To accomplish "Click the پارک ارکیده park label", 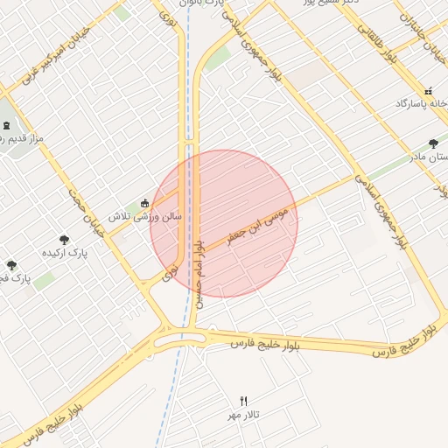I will (x=65, y=254).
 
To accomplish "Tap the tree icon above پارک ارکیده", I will (x=64, y=239).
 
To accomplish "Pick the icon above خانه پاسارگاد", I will (x=428, y=91).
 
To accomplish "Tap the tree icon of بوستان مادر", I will (x=433, y=143).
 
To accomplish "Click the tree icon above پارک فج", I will (x=11, y=265).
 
